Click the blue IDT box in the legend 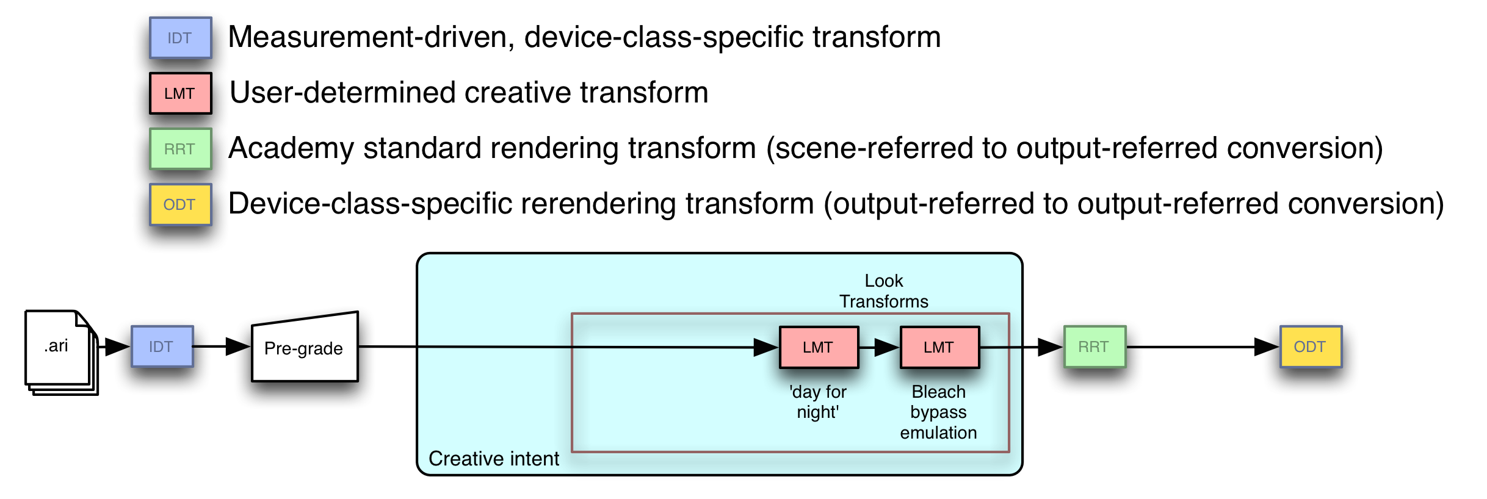(181, 38)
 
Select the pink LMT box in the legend (181, 93)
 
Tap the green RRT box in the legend (181, 149)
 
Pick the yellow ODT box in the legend (181, 204)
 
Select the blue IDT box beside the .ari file (162, 346)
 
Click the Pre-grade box (304, 348)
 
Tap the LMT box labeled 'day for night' (819, 347)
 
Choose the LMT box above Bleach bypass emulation (939, 347)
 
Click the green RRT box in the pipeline (1094, 346)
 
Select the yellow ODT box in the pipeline (1311, 346)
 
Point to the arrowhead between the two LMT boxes (886, 347)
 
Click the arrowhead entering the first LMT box (765, 347)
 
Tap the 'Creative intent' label (493, 459)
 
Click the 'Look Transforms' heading (883, 291)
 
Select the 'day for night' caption (818, 402)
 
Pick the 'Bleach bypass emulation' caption (938, 412)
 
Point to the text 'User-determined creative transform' (469, 93)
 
